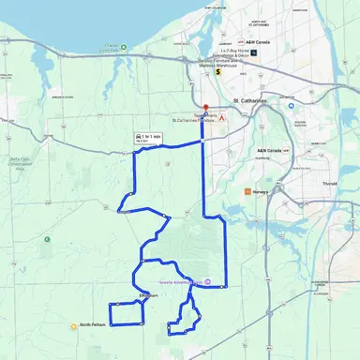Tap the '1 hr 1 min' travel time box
(x=149, y=138)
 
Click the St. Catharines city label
(x=248, y=97)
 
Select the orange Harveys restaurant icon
(x=247, y=191)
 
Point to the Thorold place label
(x=331, y=185)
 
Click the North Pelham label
(x=93, y=325)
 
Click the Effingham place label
(x=148, y=296)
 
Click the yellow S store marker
(x=217, y=56)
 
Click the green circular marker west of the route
(x=47, y=239)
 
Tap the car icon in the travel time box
(x=139, y=136)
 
